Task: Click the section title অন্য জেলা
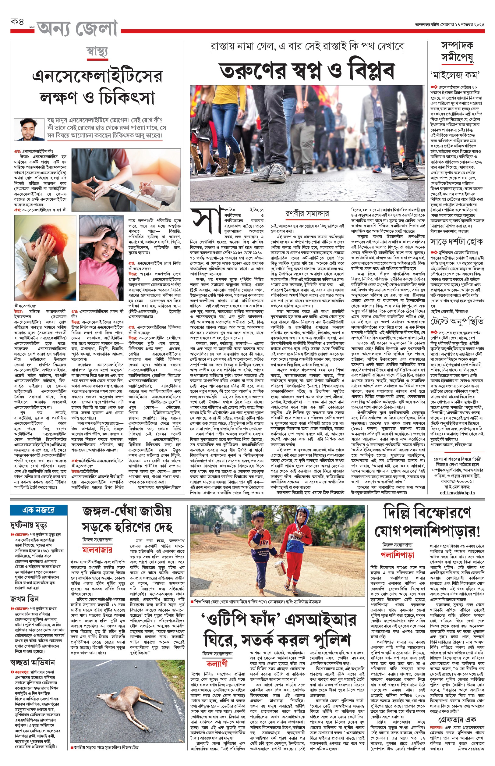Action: click(77, 28)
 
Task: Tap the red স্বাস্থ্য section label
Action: click(97, 52)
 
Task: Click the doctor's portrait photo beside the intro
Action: click(29, 129)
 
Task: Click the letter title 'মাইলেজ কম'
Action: click(456, 76)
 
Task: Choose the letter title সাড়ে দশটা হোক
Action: click(456, 241)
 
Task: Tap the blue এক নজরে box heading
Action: click(39, 510)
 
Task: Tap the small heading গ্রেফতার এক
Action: click(457, 719)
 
